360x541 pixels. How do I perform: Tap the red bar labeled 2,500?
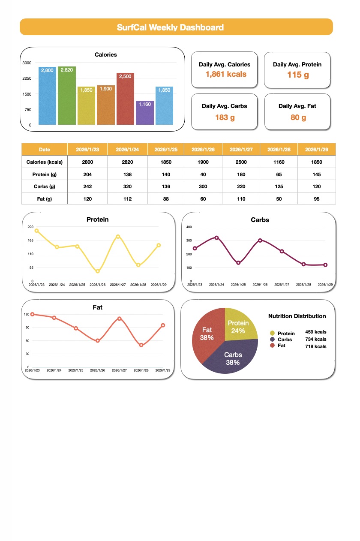click(x=125, y=99)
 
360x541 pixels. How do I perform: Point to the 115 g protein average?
click(x=298, y=75)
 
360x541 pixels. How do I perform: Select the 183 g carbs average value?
click(x=225, y=117)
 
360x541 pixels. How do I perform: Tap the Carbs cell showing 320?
click(x=127, y=186)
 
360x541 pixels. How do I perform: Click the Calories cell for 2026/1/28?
click(x=279, y=162)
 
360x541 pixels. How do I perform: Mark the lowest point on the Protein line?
click(x=98, y=271)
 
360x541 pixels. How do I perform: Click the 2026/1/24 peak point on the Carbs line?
click(x=216, y=237)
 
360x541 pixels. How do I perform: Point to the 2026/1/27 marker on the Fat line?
click(x=119, y=319)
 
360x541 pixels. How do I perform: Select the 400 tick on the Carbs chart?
click(x=189, y=227)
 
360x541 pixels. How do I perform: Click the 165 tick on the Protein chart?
click(x=30, y=240)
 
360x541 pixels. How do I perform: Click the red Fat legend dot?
click(x=272, y=345)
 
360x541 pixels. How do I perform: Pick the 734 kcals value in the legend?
click(x=315, y=339)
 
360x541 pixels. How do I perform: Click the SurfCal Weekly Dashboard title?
click(x=170, y=27)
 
